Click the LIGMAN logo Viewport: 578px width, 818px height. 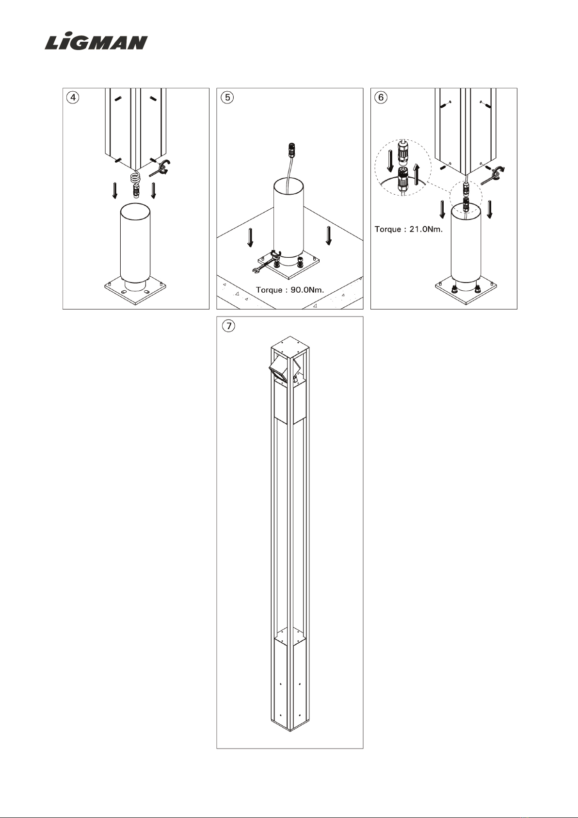96,42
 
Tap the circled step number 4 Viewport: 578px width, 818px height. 73,98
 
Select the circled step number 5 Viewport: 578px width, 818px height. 227,98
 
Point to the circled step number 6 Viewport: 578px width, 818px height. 381,98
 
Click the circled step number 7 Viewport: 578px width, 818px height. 229,326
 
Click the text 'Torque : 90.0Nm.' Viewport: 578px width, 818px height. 290,290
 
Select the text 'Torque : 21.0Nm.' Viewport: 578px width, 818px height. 408,229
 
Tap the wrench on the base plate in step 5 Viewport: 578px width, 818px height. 267,262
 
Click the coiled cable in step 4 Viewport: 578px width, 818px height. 135,179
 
